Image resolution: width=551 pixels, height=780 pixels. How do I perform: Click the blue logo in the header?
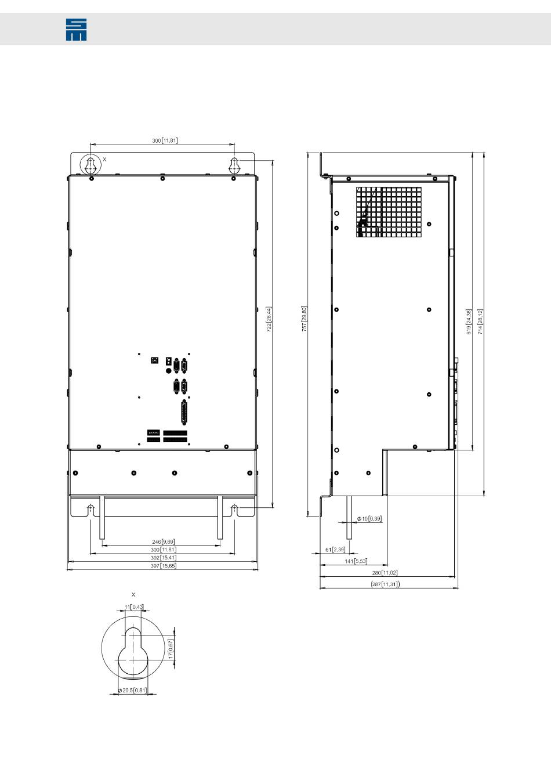click(76, 30)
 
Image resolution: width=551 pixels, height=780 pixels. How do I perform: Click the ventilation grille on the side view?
click(389, 212)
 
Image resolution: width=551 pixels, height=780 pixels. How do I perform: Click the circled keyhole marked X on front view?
click(91, 165)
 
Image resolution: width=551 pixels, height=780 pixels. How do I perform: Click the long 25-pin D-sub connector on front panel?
click(184, 413)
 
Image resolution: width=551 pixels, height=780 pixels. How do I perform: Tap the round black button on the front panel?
click(168, 371)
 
